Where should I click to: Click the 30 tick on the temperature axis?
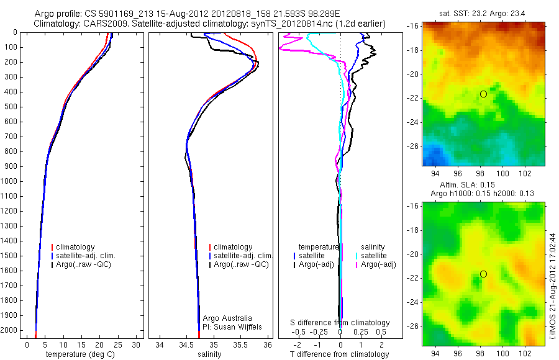pyautogui.click(x=137, y=344)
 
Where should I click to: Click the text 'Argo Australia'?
pyautogui.click(x=227, y=318)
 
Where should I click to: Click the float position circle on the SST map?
pyautogui.click(x=483, y=94)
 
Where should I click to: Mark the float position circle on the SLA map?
pyautogui.click(x=483, y=274)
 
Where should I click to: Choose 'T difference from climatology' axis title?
pyautogui.click(x=340, y=354)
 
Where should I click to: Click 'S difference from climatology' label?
pyautogui.click(x=340, y=323)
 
